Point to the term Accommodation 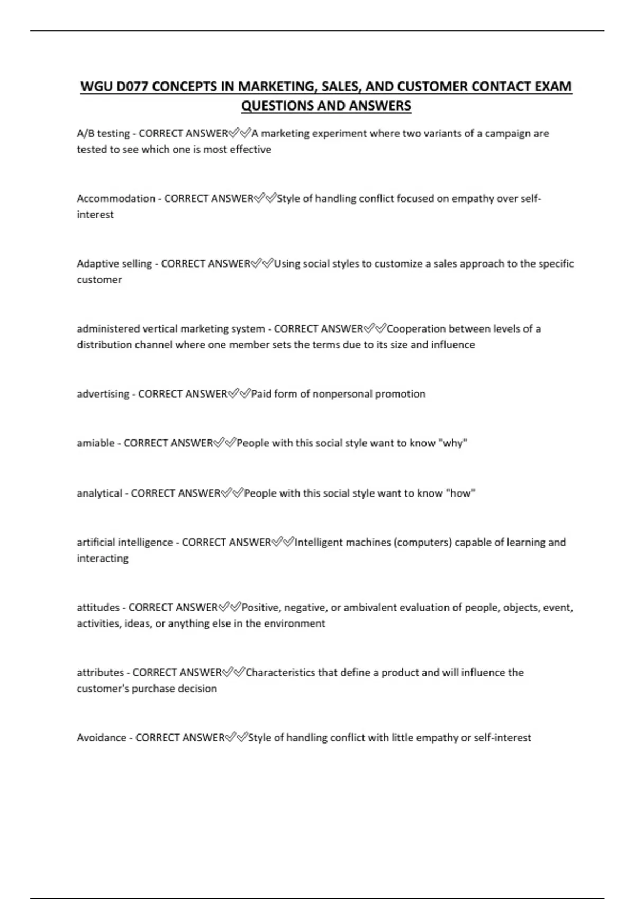[116, 198]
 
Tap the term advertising [103, 394]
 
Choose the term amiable [95, 443]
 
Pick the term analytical [99, 493]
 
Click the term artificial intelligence [125, 542]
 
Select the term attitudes [98, 608]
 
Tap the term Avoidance [102, 738]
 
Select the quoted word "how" [461, 493]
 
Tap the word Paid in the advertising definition [261, 394]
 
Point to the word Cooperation [416, 328]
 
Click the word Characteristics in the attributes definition [279, 673]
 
